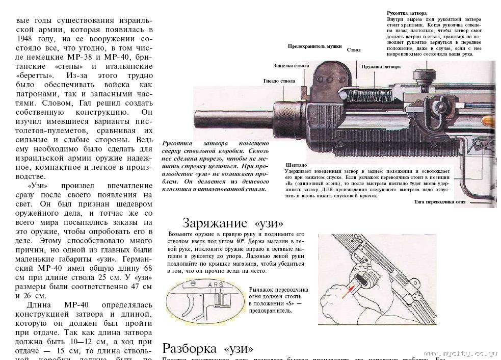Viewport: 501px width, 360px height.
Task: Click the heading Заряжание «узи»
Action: point(232,223)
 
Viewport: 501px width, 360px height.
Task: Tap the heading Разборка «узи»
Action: point(207,349)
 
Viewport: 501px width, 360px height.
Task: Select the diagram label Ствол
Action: point(354,50)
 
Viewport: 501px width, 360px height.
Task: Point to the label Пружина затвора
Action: point(381,67)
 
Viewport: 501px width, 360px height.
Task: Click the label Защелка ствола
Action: point(292,66)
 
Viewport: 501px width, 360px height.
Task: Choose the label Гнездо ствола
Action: point(279,81)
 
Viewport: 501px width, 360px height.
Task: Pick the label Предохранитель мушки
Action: point(314,46)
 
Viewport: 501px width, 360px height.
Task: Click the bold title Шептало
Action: point(297,165)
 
